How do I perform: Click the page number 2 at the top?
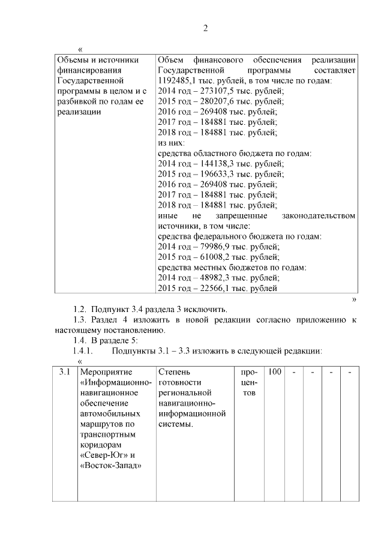click(205, 28)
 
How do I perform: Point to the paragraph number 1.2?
click(80, 310)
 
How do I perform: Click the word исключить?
click(206, 310)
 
